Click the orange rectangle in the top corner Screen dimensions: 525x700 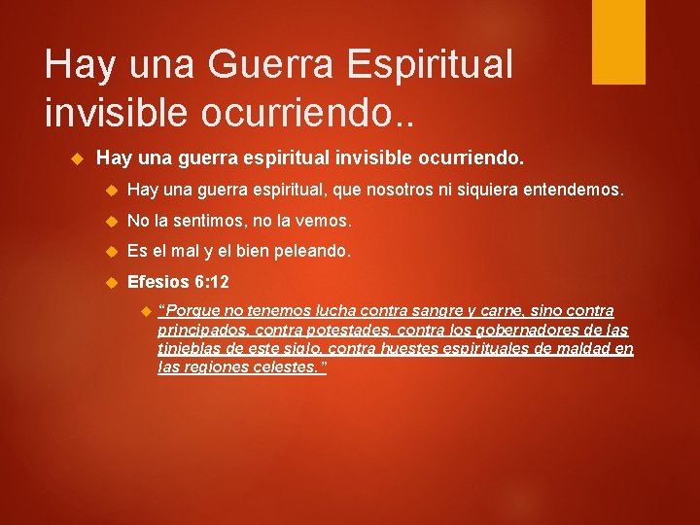pos(618,42)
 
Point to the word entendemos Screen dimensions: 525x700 pos(573,191)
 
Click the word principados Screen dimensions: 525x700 pos(197,331)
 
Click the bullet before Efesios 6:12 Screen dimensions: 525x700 pos(110,283)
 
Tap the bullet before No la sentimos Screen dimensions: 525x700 pos(110,222)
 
